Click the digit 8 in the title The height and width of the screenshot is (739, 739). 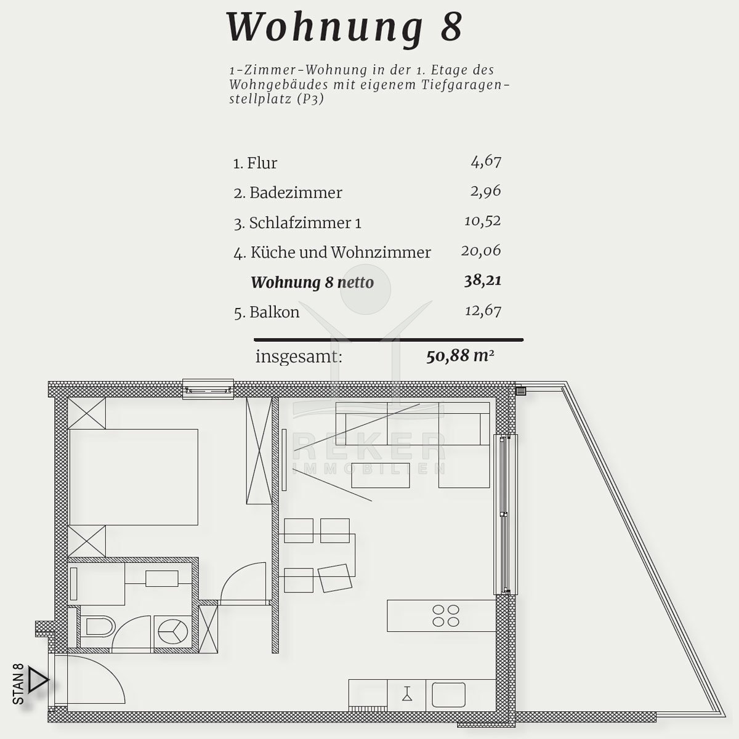[452, 27]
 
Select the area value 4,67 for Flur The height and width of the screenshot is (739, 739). [486, 161]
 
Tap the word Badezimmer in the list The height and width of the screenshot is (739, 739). [296, 193]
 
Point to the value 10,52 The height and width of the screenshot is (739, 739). [482, 221]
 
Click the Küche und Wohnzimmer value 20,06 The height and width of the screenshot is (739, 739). [481, 251]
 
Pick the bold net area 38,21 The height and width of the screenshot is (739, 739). [482, 280]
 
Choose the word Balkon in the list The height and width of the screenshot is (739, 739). [274, 312]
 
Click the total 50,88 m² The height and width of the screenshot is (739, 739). [460, 356]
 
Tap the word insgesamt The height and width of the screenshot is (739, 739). [299, 357]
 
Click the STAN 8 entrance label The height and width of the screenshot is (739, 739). [18, 689]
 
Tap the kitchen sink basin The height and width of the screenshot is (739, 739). [448, 695]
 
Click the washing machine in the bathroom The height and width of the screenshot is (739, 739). [173, 631]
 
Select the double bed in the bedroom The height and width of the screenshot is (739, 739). [134, 477]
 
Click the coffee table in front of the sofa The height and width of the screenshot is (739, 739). [381, 475]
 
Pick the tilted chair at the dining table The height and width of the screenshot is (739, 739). [335, 578]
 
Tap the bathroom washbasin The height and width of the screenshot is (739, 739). [162, 579]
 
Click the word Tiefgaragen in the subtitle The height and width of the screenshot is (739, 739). [466, 84]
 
